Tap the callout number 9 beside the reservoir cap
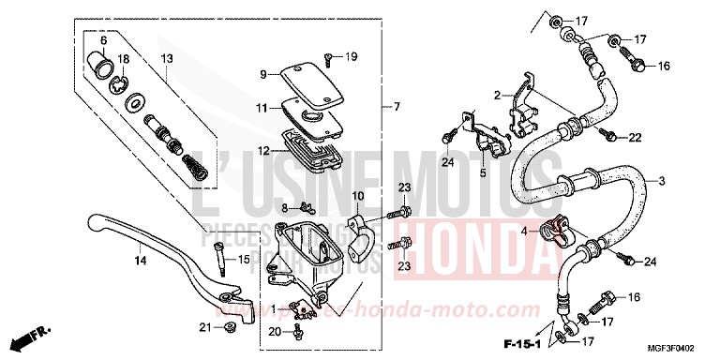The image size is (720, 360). point(264,73)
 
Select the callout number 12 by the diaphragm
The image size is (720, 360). point(263,150)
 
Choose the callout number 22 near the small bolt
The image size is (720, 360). point(635,137)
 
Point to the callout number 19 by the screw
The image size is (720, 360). point(351,57)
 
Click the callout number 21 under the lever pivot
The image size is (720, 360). point(204,326)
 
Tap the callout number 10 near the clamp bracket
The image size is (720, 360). point(357,196)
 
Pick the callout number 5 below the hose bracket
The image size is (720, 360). point(483,172)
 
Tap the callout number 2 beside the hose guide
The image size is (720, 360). point(500,95)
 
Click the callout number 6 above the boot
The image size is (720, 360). point(104,42)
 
